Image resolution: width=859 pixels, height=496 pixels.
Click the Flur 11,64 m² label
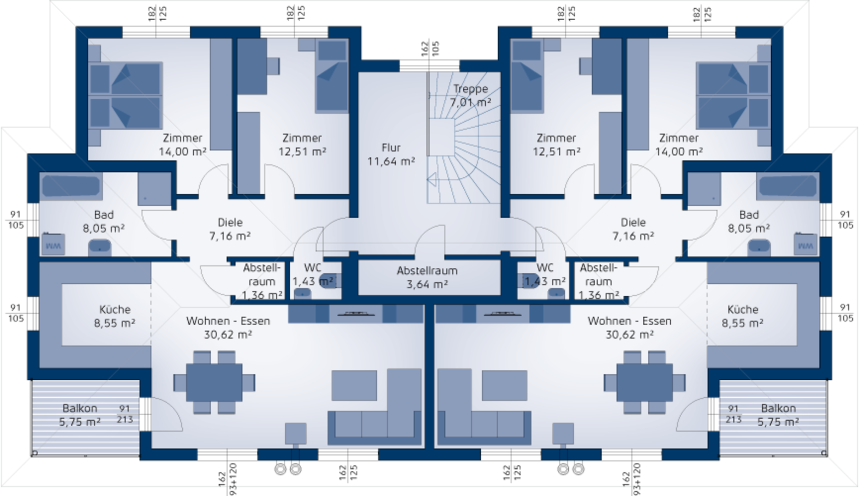[x=391, y=154]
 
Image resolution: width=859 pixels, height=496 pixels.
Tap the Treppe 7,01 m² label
[x=471, y=96]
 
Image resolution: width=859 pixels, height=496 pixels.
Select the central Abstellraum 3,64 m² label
[x=427, y=277]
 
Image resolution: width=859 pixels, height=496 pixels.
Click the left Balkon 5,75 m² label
[x=80, y=415]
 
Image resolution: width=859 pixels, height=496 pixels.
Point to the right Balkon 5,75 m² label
[x=778, y=415]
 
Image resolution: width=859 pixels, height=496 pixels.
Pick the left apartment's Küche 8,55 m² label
[x=115, y=316]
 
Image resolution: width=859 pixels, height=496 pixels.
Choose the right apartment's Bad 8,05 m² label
[x=749, y=221]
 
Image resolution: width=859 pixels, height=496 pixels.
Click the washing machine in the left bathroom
[x=53, y=244]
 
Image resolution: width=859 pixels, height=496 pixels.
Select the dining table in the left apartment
[x=214, y=382]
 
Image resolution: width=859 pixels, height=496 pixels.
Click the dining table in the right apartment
[x=645, y=382]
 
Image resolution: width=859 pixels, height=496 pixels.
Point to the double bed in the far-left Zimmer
[x=125, y=95]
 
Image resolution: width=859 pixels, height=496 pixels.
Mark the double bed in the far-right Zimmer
[x=733, y=95]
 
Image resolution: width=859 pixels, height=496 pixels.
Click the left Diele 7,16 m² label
[x=230, y=229]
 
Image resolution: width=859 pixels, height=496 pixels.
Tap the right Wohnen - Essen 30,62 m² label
[x=629, y=327]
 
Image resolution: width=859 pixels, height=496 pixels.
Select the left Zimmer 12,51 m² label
[x=302, y=144]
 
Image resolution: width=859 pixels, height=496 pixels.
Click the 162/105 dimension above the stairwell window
[x=430, y=49]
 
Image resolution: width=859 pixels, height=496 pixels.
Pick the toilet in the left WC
[x=328, y=280]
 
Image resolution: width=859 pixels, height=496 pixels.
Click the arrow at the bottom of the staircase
[x=432, y=180]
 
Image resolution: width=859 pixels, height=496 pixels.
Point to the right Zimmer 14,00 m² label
[x=679, y=144]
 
